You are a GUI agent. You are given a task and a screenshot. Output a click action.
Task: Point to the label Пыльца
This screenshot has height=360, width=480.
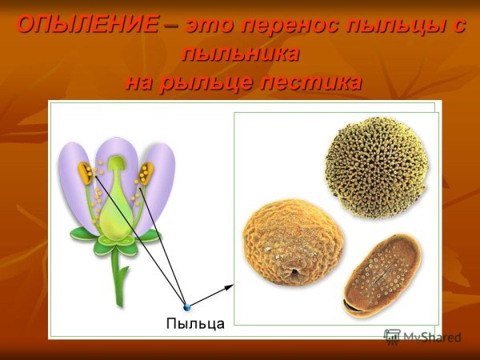[194, 323]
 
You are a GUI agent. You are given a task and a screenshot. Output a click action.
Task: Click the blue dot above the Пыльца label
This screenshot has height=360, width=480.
[186, 306]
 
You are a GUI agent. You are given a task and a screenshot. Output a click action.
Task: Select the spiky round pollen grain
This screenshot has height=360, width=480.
[376, 167]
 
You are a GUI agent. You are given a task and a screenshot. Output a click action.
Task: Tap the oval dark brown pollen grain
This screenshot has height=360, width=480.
[382, 275]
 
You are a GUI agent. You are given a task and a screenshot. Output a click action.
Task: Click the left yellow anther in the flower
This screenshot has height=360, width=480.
[85, 174]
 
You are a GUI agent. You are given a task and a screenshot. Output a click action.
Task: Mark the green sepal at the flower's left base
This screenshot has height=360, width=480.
[82, 234]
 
